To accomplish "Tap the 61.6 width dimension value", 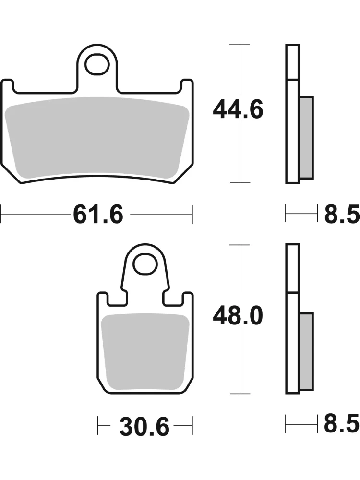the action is [98, 214].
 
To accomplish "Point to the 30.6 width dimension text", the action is [144, 426].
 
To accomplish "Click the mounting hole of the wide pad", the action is [97, 64].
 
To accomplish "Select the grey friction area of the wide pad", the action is [97, 138].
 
